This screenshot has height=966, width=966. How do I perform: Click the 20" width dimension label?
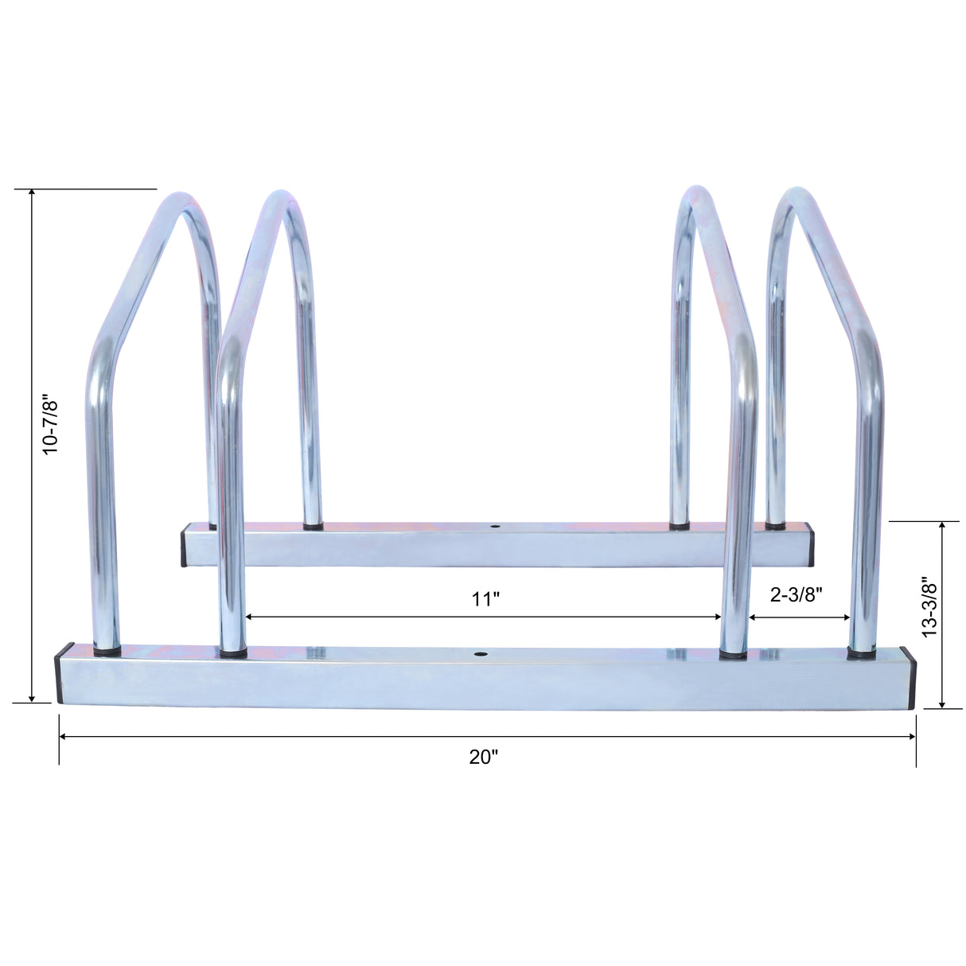(483, 758)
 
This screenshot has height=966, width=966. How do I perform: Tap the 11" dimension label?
(483, 599)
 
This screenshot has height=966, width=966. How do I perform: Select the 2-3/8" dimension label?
(796, 594)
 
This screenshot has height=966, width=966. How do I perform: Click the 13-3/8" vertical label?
(928, 607)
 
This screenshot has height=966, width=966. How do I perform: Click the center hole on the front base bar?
(480, 654)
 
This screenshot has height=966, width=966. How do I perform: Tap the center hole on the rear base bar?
(495, 527)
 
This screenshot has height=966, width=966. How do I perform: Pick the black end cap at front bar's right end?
(912, 678)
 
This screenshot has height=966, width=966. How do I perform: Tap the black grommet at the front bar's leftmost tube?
(107, 651)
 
